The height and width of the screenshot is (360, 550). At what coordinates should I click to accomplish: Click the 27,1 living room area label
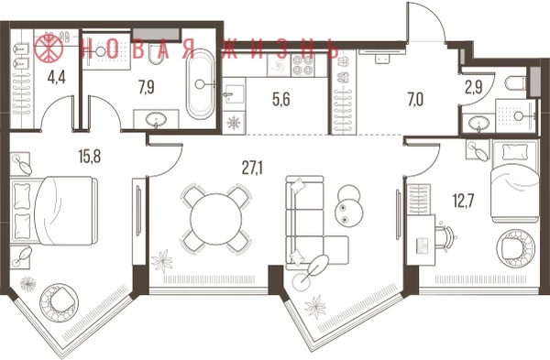[252, 169]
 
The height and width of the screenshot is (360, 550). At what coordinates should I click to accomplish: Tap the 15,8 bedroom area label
[90, 157]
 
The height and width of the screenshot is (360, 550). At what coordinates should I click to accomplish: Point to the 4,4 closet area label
[57, 78]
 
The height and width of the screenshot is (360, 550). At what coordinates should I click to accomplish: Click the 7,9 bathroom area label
[147, 87]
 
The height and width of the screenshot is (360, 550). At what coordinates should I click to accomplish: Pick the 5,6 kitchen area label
[281, 100]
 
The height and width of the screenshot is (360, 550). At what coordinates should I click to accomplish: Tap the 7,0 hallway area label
[415, 100]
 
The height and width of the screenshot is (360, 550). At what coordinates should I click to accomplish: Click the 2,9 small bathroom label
[474, 88]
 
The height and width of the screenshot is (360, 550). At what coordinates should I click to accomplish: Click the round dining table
[216, 219]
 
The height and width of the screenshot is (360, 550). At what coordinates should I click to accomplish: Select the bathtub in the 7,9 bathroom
[200, 84]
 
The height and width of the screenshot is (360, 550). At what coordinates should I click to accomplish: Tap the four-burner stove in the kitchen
[302, 66]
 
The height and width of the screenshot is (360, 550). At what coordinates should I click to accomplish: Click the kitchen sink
[233, 94]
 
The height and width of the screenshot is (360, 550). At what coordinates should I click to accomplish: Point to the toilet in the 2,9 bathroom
[516, 83]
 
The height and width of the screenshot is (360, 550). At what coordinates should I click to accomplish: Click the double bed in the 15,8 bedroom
[54, 211]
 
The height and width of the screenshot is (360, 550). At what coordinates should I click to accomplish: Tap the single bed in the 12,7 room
[515, 180]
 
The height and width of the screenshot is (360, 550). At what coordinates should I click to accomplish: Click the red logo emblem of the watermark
[49, 48]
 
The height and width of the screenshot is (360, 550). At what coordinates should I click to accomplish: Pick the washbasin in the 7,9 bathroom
[156, 119]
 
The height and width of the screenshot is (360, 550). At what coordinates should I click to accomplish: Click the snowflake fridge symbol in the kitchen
[233, 123]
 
